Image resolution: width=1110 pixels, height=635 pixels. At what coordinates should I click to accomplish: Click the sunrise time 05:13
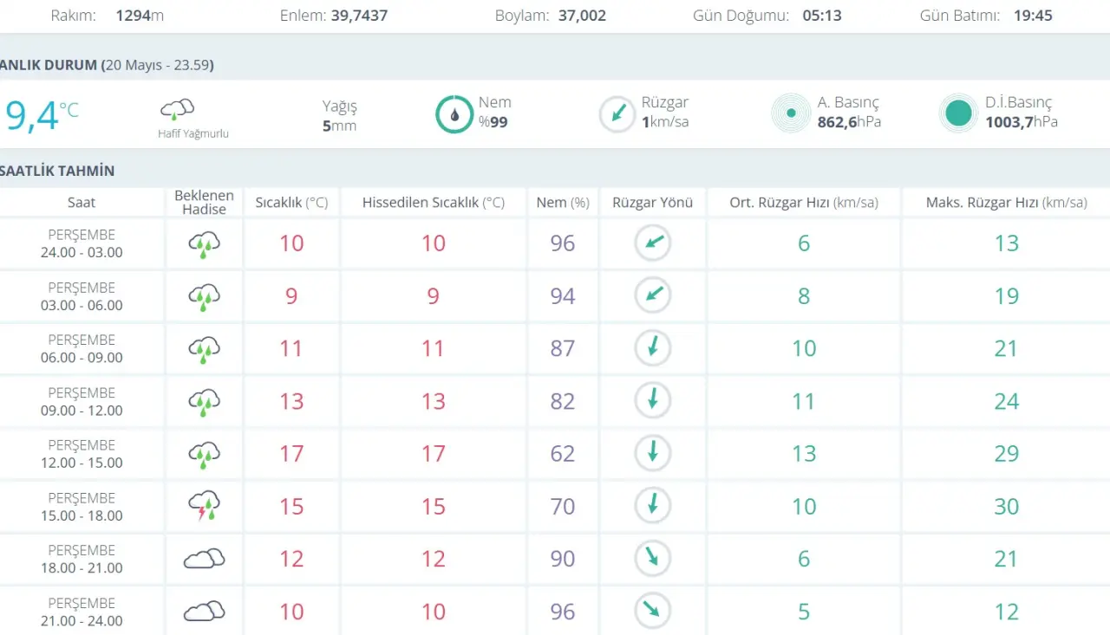821,16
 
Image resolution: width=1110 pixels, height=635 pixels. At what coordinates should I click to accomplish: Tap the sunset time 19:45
1033,16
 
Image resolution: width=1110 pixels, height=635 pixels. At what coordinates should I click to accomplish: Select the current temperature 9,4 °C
42,115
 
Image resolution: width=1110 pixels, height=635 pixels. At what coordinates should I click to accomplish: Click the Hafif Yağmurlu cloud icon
177,109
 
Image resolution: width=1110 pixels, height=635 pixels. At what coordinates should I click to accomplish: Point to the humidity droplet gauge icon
454,114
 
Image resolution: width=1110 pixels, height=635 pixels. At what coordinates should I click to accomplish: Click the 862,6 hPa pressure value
849,122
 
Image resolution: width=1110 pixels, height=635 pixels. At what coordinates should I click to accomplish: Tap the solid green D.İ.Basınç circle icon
958,113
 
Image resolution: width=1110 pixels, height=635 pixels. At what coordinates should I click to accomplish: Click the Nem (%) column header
563,203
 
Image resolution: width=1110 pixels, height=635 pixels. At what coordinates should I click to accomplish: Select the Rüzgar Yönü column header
652,203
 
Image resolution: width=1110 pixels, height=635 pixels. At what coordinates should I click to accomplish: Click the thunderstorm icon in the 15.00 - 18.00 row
204,505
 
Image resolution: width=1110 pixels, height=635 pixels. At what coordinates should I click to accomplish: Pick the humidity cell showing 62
563,453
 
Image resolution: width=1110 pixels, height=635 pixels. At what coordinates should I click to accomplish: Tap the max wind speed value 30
1007,506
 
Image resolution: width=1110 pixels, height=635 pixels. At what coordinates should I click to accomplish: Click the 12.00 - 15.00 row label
82,454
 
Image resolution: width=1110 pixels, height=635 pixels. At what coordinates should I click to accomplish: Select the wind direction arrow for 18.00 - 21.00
652,558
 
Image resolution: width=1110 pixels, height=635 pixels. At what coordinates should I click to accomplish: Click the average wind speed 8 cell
804,296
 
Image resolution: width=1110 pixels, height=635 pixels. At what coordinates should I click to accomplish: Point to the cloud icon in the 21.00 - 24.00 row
204,611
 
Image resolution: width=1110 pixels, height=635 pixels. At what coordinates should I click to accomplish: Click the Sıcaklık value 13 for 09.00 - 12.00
291,401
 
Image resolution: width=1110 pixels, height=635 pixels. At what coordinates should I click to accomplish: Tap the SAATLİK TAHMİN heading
57,171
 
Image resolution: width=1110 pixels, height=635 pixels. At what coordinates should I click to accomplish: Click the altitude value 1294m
140,16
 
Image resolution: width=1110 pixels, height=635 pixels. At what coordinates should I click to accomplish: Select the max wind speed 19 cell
1007,296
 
